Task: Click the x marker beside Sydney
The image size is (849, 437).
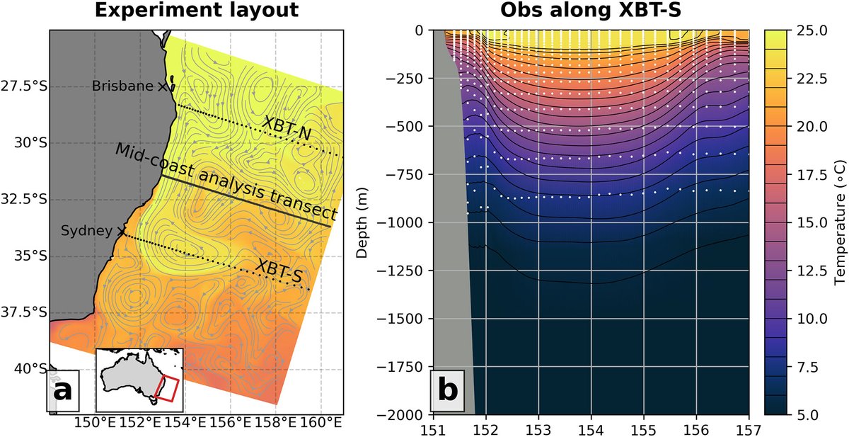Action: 122,231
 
